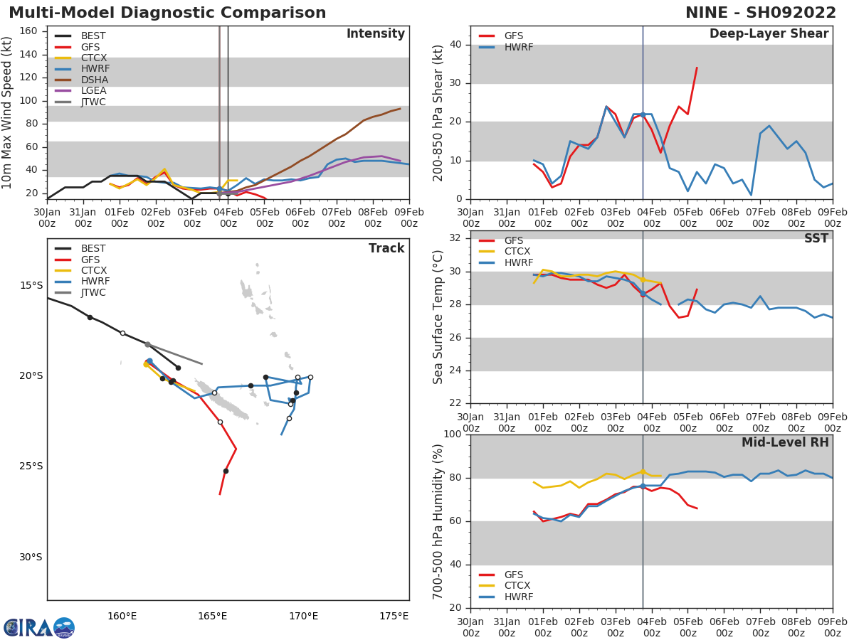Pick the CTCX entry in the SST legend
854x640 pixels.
click(517, 252)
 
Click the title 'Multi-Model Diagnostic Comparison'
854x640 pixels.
click(167, 13)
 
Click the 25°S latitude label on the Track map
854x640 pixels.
click(31, 466)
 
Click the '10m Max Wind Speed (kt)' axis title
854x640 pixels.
click(8, 112)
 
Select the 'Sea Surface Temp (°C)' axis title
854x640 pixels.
click(438, 317)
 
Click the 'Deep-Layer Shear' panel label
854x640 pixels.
click(769, 34)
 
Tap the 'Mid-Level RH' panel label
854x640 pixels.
click(785, 442)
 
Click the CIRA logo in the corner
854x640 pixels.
click(39, 627)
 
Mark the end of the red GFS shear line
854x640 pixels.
click(697, 68)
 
